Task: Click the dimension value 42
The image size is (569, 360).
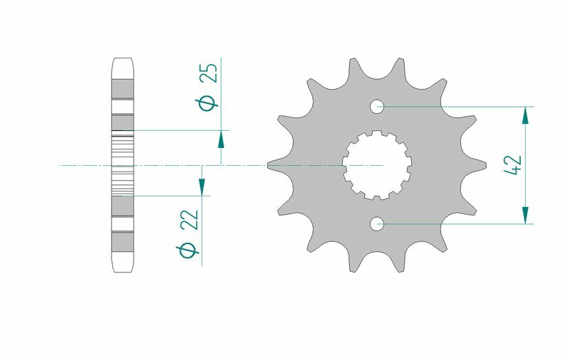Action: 514,165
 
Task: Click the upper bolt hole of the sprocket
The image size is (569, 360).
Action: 377,107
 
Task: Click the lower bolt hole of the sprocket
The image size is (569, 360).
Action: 377,224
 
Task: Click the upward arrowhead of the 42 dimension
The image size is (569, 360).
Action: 526,115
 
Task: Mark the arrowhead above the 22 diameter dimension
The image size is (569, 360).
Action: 202,186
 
